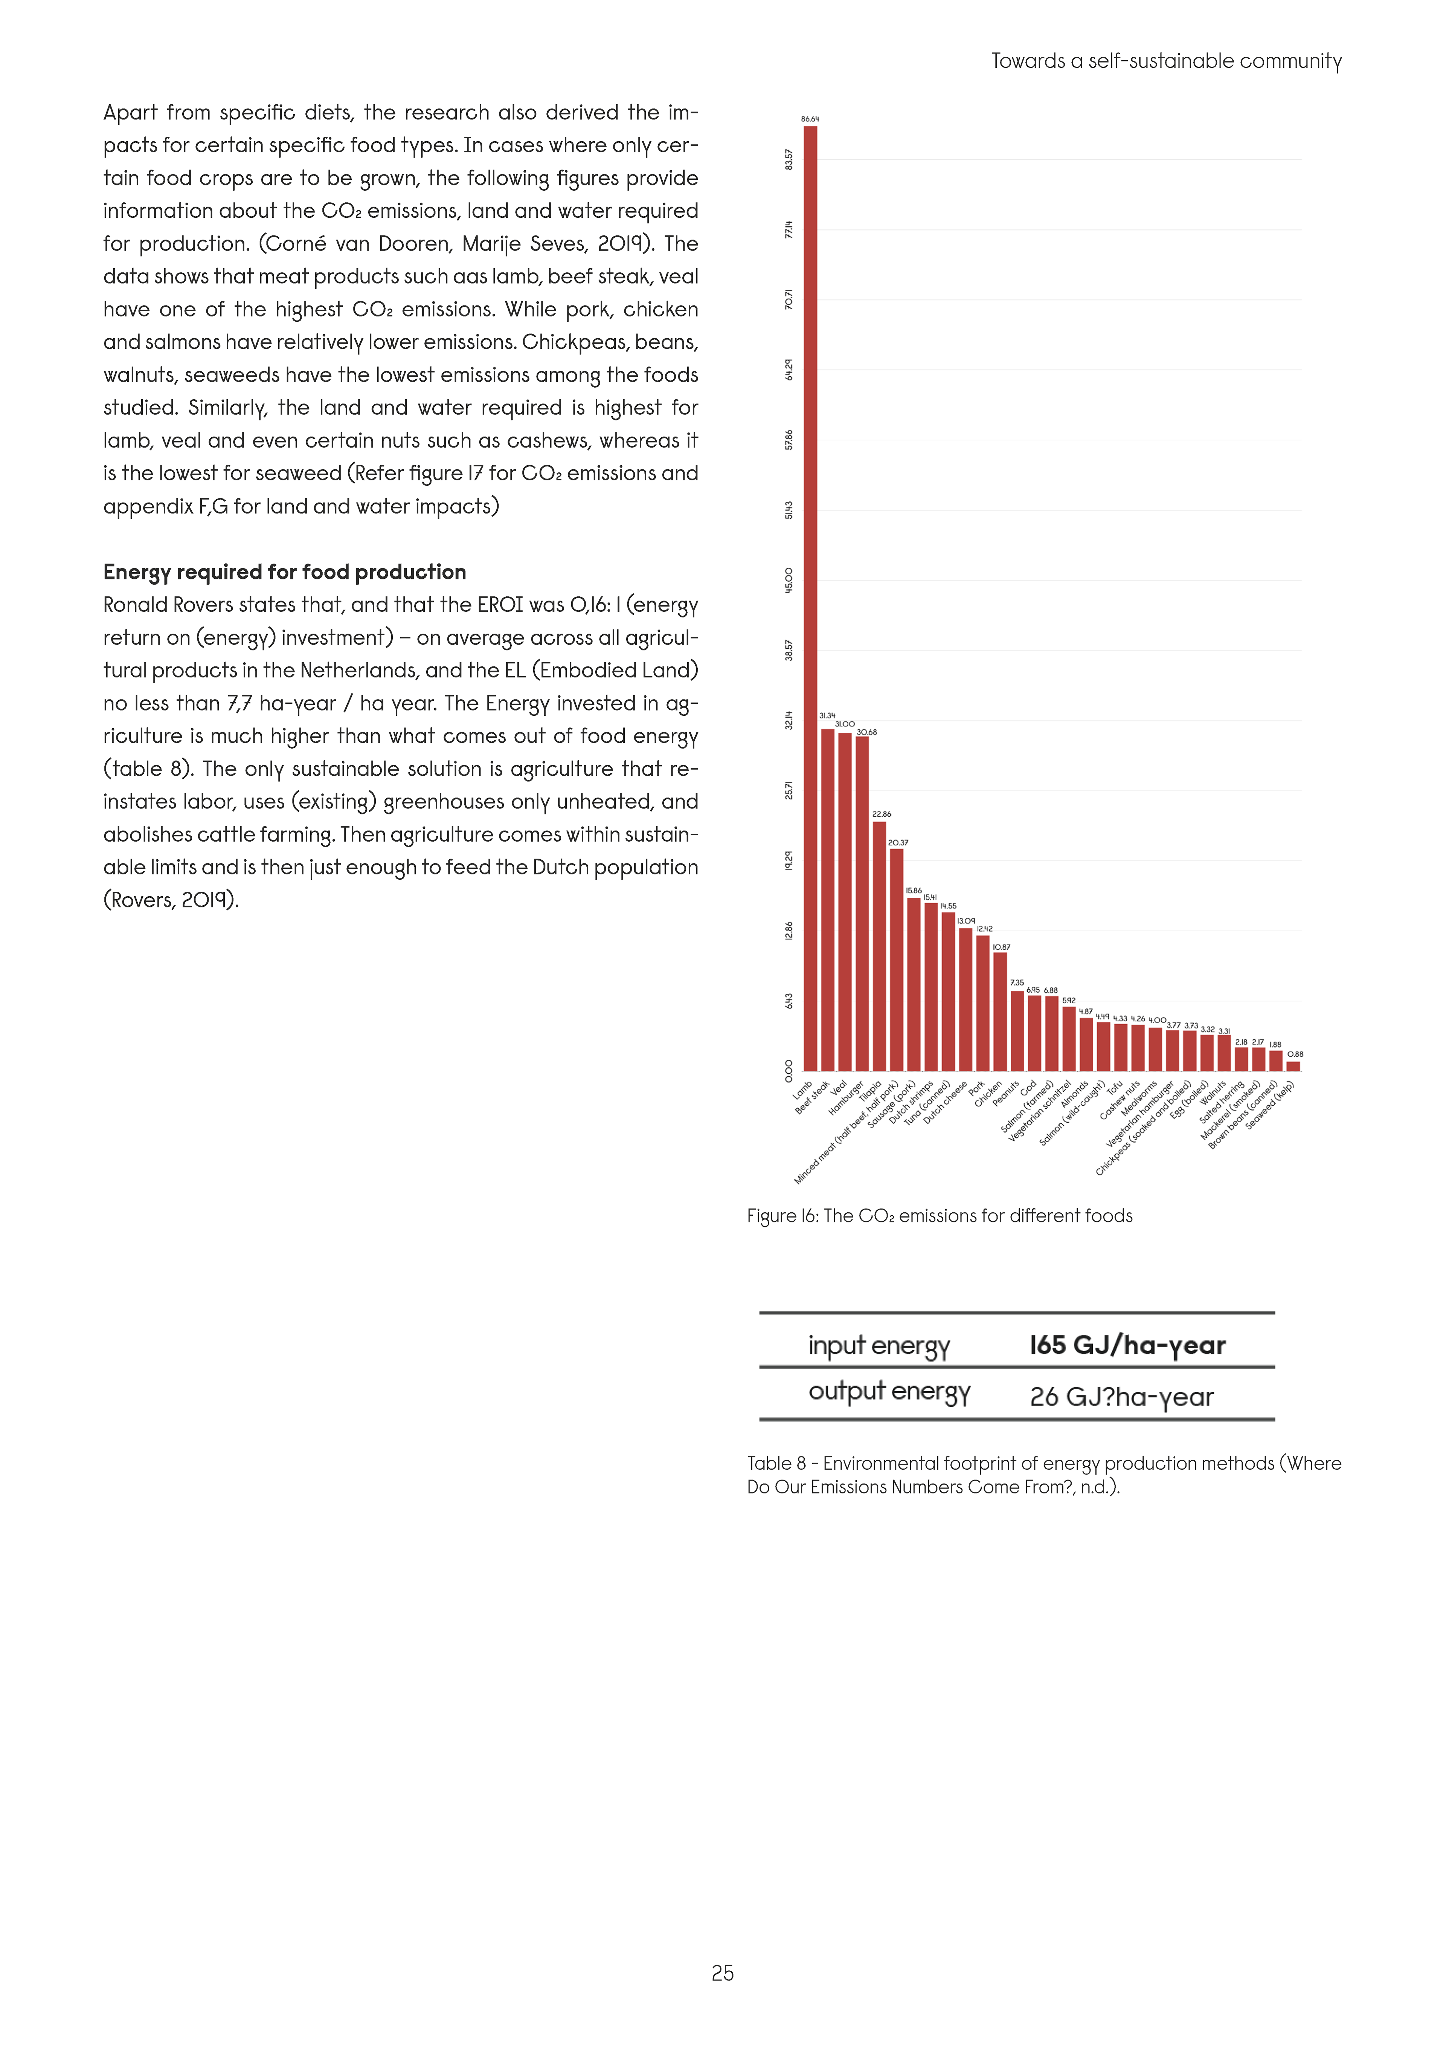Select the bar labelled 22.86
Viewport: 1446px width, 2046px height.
879,944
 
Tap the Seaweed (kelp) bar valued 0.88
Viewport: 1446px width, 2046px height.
1293,1066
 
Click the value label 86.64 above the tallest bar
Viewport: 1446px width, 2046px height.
810,119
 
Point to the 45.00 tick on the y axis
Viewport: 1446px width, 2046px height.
789,580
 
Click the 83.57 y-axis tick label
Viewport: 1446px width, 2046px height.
789,159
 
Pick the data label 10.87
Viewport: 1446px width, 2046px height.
1001,947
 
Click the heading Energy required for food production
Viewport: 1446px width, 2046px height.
284,572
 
